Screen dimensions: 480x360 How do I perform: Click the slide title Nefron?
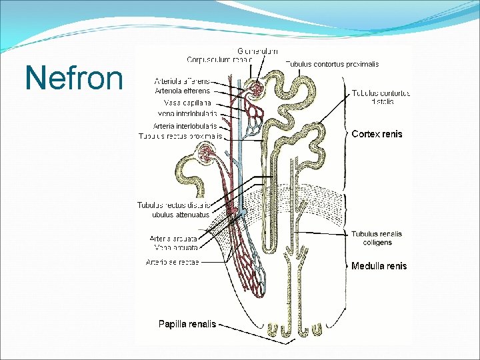click(x=74, y=77)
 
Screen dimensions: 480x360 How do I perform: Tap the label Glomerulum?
click(x=258, y=51)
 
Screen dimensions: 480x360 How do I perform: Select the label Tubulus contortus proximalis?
click(x=332, y=64)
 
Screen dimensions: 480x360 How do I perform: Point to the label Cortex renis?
click(x=377, y=134)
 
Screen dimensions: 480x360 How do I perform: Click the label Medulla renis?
click(x=379, y=266)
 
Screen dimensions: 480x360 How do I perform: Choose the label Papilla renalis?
click(x=187, y=324)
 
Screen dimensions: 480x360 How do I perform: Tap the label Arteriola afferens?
click(x=182, y=81)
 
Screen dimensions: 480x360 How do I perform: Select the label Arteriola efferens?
click(x=182, y=91)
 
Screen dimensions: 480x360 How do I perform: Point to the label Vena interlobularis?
click(x=189, y=114)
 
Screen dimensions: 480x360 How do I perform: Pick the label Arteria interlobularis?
click(x=185, y=125)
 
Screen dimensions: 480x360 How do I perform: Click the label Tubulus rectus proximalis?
click(x=180, y=136)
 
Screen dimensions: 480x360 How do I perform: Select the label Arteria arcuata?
click(x=173, y=238)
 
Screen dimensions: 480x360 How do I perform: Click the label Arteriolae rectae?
click(x=172, y=262)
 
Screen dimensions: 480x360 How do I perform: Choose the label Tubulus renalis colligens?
click(x=377, y=237)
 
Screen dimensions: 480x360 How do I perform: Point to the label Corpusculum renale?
click(x=219, y=59)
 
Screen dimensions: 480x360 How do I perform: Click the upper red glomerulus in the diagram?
click(x=255, y=89)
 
